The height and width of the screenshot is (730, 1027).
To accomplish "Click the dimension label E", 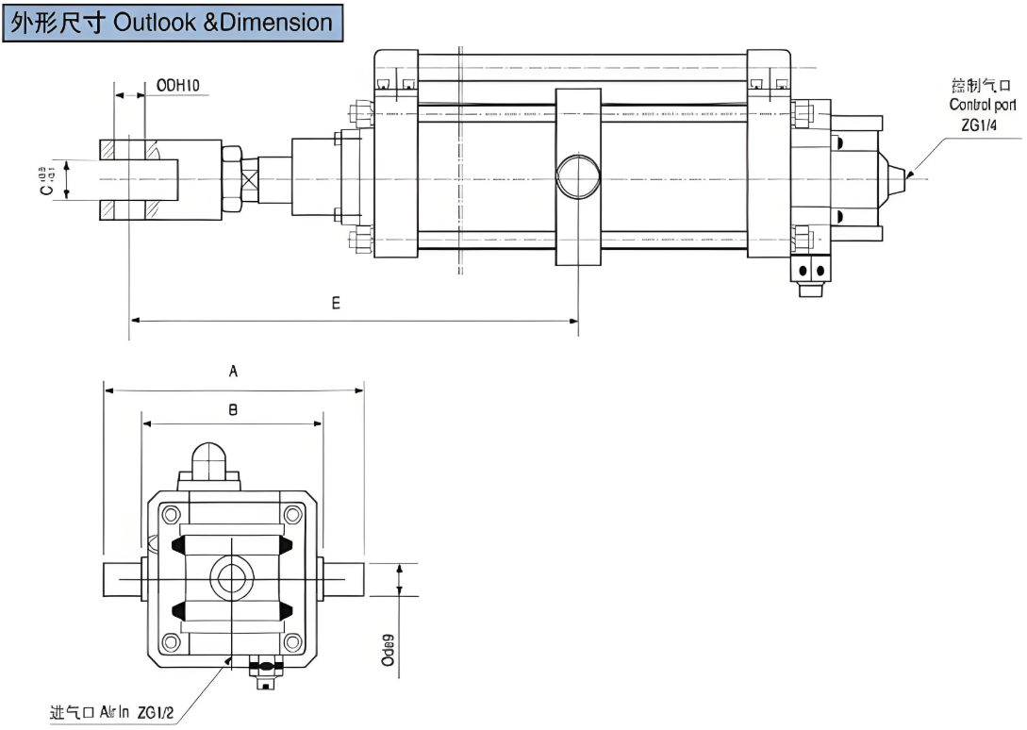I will click(x=335, y=304).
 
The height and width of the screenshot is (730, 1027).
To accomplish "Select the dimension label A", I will click(x=234, y=372).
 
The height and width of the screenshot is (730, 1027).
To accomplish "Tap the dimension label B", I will click(x=233, y=409).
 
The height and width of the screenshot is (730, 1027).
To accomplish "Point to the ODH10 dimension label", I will click(x=177, y=86).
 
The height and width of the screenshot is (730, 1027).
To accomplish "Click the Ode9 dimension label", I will click(x=388, y=650).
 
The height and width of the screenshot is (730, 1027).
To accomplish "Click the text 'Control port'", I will click(x=983, y=105).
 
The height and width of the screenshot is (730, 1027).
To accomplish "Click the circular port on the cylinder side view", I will click(x=577, y=176).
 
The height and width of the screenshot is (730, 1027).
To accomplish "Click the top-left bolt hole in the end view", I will click(x=171, y=514).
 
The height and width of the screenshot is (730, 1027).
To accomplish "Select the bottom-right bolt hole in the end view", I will click(x=294, y=641).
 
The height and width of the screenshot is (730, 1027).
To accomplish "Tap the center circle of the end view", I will click(x=231, y=577).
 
